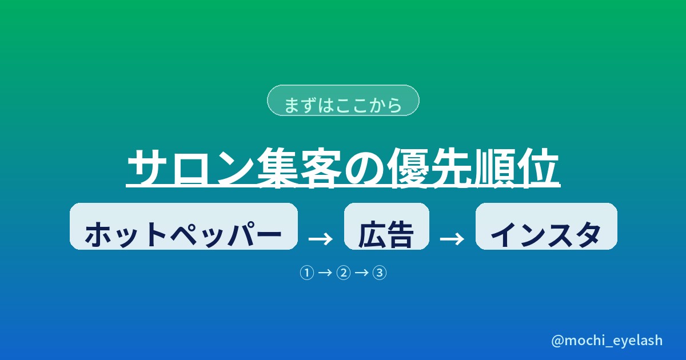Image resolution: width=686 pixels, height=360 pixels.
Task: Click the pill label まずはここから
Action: click(x=343, y=101)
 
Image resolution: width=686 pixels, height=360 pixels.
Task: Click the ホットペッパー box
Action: click(x=184, y=226)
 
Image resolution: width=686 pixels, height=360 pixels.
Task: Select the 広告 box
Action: click(x=386, y=226)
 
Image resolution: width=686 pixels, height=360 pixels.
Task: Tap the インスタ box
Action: click(x=547, y=226)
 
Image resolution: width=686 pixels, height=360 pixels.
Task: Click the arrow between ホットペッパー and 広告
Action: click(x=321, y=239)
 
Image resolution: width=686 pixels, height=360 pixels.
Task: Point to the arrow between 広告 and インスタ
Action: click(x=452, y=239)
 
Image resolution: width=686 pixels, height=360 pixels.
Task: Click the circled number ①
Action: click(x=307, y=273)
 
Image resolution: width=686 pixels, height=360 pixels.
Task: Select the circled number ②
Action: click(x=344, y=273)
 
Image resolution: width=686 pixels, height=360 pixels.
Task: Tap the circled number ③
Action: click(x=380, y=273)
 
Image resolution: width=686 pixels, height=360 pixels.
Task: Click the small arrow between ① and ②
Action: click(x=325, y=272)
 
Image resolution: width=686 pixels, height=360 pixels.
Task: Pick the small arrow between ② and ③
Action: click(x=361, y=272)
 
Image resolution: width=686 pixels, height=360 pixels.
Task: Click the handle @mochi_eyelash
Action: click(x=607, y=341)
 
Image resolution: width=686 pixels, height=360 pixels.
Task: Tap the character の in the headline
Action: click(x=365, y=168)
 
